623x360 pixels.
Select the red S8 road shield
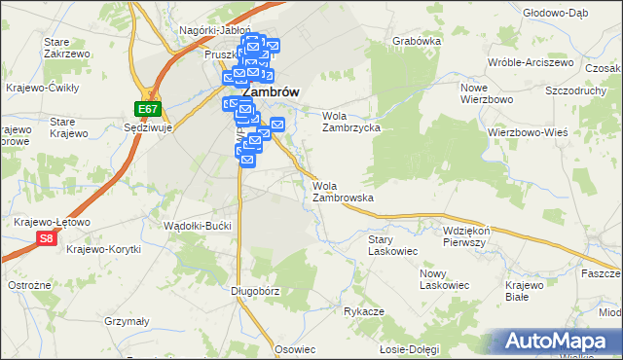(46, 236)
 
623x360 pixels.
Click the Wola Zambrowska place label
(343, 192)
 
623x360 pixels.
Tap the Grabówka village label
(417, 42)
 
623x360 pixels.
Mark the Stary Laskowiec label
(392, 244)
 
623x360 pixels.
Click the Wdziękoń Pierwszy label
(476, 236)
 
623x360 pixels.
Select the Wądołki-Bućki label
(199, 226)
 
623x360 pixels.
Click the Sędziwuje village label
(149, 126)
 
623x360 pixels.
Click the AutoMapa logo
(559, 342)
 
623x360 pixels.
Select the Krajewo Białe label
(530, 290)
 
